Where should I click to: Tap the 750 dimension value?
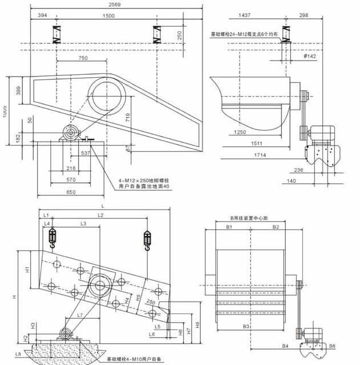(83, 58)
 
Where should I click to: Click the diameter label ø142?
(310, 56)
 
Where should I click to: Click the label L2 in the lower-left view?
(100, 215)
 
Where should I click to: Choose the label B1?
(229, 227)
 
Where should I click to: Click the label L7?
(80, 315)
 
